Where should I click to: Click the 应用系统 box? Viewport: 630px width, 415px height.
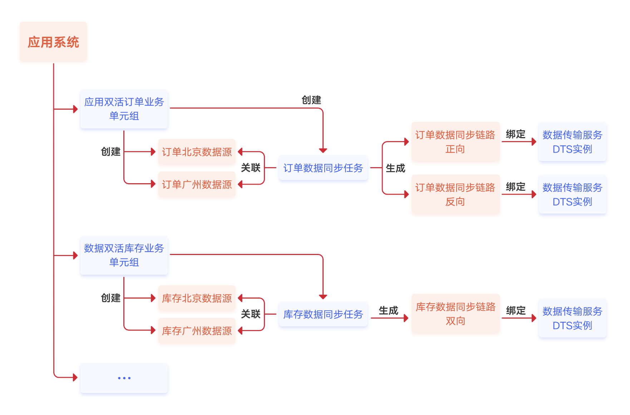53,42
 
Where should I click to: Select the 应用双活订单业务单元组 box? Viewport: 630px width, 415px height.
124,109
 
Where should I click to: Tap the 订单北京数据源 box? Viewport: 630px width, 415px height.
197,152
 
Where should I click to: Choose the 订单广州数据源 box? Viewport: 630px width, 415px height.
197,184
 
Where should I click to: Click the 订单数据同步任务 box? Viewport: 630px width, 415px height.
323,168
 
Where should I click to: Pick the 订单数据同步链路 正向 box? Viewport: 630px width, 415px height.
455,142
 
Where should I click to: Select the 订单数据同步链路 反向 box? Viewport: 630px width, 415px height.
455,194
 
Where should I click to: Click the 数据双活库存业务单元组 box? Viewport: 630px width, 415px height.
124,255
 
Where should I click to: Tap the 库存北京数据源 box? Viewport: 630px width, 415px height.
197,298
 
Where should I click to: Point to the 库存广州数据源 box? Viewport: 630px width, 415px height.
197,331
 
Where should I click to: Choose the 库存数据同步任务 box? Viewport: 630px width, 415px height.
323,314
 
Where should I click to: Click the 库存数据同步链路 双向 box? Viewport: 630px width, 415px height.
455,314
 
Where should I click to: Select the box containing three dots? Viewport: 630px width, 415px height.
124,378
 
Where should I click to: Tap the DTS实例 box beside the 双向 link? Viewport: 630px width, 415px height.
572,318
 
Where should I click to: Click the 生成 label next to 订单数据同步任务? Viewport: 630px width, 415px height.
395,168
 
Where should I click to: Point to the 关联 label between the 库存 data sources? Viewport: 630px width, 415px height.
251,314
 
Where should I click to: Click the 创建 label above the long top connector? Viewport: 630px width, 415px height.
311,100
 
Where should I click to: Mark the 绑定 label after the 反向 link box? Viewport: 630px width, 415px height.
516,187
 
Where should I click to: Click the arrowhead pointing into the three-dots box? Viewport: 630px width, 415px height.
75,377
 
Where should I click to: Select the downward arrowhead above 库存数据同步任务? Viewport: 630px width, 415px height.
323,297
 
